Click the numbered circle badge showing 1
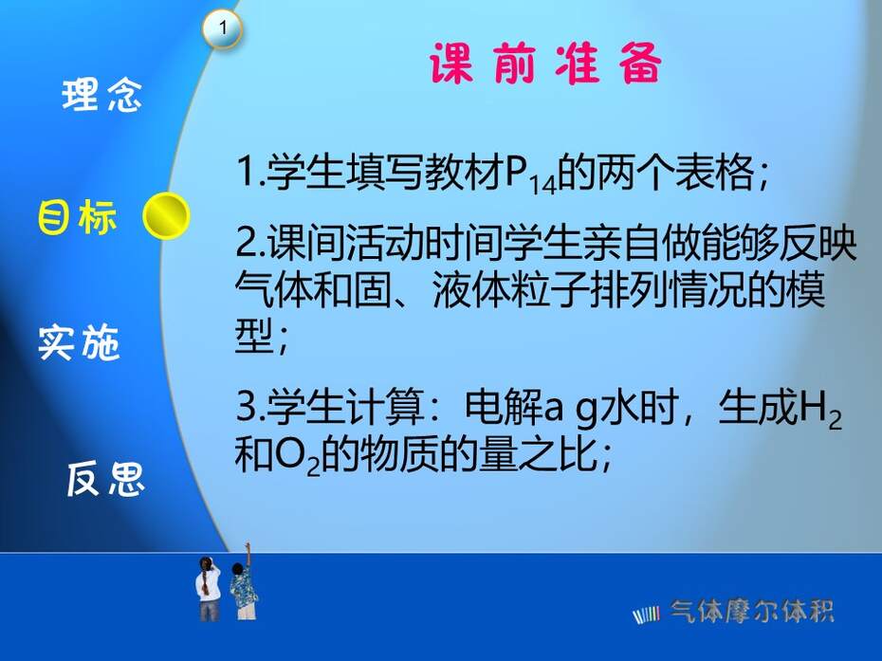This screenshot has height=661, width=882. (x=223, y=28)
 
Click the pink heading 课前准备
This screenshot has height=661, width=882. (x=545, y=64)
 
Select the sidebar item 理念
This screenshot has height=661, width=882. (x=101, y=95)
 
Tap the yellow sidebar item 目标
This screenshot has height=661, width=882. (x=77, y=216)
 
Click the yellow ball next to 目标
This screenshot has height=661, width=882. (x=166, y=216)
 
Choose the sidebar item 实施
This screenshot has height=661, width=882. (x=79, y=342)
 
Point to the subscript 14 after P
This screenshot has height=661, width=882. (x=543, y=185)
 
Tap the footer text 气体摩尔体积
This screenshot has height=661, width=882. (x=751, y=612)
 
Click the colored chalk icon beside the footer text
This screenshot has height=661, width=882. (x=646, y=615)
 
